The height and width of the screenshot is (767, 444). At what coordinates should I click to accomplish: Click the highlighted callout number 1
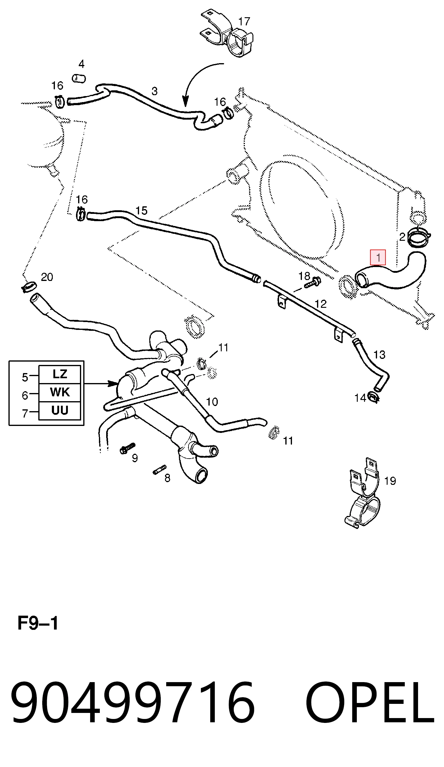tap(378, 257)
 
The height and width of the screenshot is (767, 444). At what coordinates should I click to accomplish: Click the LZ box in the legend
tap(60, 374)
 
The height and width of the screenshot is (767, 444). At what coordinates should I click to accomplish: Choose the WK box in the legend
tap(60, 392)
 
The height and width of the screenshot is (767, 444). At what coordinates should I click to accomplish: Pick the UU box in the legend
tap(60, 410)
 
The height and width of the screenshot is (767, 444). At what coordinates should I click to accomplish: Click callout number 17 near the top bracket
tap(244, 22)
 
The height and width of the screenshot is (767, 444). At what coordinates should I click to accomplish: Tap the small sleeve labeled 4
tap(79, 79)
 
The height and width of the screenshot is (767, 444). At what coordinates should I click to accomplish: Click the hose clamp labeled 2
tap(419, 238)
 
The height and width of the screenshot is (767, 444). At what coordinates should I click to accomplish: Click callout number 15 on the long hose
tap(141, 211)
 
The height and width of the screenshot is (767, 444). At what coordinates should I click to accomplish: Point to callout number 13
tap(379, 355)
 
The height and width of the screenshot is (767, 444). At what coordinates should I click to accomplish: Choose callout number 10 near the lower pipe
tap(212, 402)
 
